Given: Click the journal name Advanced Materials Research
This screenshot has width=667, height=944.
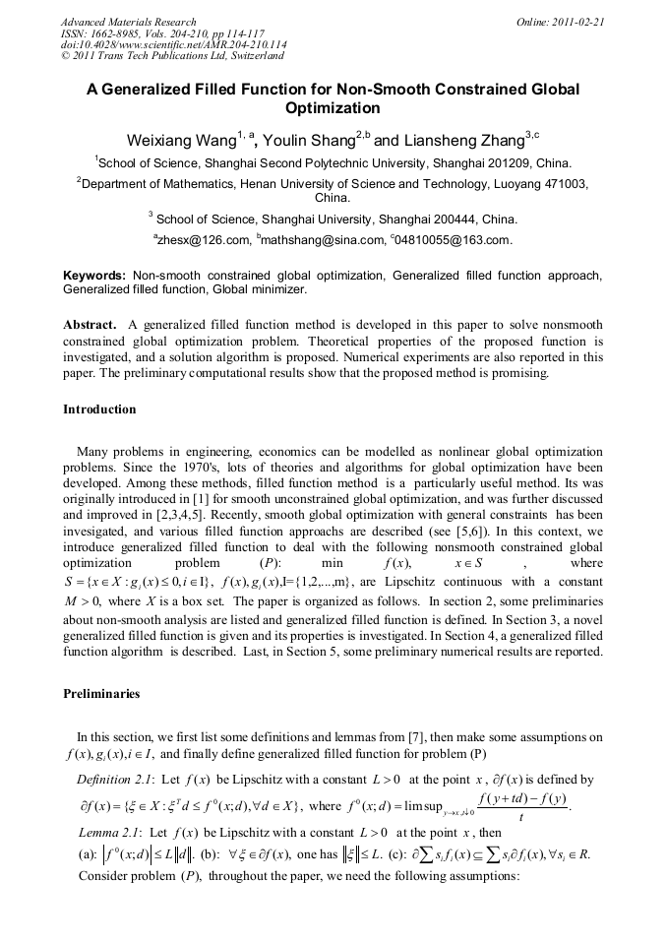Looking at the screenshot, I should [128, 22].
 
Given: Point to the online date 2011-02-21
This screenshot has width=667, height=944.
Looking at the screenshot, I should [575, 22].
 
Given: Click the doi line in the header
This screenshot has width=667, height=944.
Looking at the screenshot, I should [173, 45].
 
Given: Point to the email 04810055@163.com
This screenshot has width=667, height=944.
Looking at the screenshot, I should [454, 240].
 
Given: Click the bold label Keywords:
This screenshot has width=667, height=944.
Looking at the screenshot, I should [94, 277].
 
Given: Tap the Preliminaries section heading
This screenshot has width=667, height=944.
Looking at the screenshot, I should [101, 694].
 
